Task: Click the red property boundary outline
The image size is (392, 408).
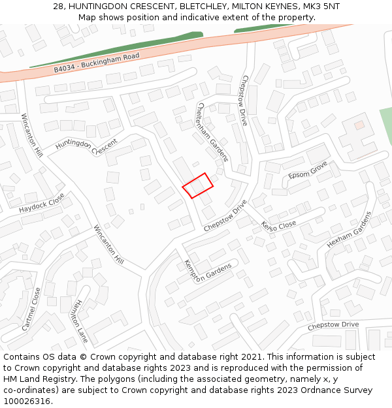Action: click(x=198, y=185)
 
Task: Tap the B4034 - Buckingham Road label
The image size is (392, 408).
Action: click(x=97, y=63)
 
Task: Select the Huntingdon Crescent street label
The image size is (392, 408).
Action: click(x=86, y=144)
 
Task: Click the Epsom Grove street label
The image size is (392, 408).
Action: click(x=308, y=171)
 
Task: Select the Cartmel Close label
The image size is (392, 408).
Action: click(x=31, y=309)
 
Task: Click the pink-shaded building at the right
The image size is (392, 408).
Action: click(x=359, y=124)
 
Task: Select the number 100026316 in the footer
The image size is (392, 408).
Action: click(x=27, y=401)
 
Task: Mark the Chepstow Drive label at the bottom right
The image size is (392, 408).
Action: click(x=333, y=324)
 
